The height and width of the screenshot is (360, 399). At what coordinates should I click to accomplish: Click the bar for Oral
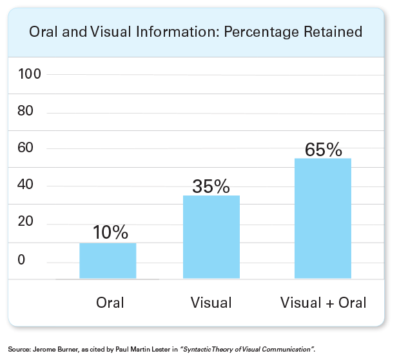[108, 261]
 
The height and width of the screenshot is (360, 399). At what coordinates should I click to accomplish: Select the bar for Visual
[211, 237]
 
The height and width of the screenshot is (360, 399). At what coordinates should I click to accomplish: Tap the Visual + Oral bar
[323, 218]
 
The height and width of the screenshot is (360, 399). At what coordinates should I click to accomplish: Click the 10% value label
[110, 232]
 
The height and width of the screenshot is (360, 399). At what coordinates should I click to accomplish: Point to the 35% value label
[211, 186]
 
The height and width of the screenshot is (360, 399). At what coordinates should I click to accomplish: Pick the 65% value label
[324, 150]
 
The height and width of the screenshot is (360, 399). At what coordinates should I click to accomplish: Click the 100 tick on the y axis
[30, 74]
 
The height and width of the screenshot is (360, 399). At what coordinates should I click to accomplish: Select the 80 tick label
[25, 110]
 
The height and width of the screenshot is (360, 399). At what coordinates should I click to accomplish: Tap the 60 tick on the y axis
[25, 148]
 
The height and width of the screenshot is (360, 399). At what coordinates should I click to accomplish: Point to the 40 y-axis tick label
[25, 185]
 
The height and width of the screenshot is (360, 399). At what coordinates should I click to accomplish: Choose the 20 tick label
[25, 221]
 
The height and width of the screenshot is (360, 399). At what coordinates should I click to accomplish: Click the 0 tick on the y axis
[21, 259]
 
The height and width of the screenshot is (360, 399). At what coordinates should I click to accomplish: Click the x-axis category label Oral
[110, 303]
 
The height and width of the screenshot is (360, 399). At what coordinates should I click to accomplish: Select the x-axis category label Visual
[211, 303]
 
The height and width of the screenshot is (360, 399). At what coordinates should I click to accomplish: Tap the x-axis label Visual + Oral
[323, 303]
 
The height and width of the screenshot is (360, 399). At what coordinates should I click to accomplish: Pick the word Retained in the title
[333, 32]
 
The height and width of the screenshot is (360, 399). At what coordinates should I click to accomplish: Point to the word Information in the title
[178, 32]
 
